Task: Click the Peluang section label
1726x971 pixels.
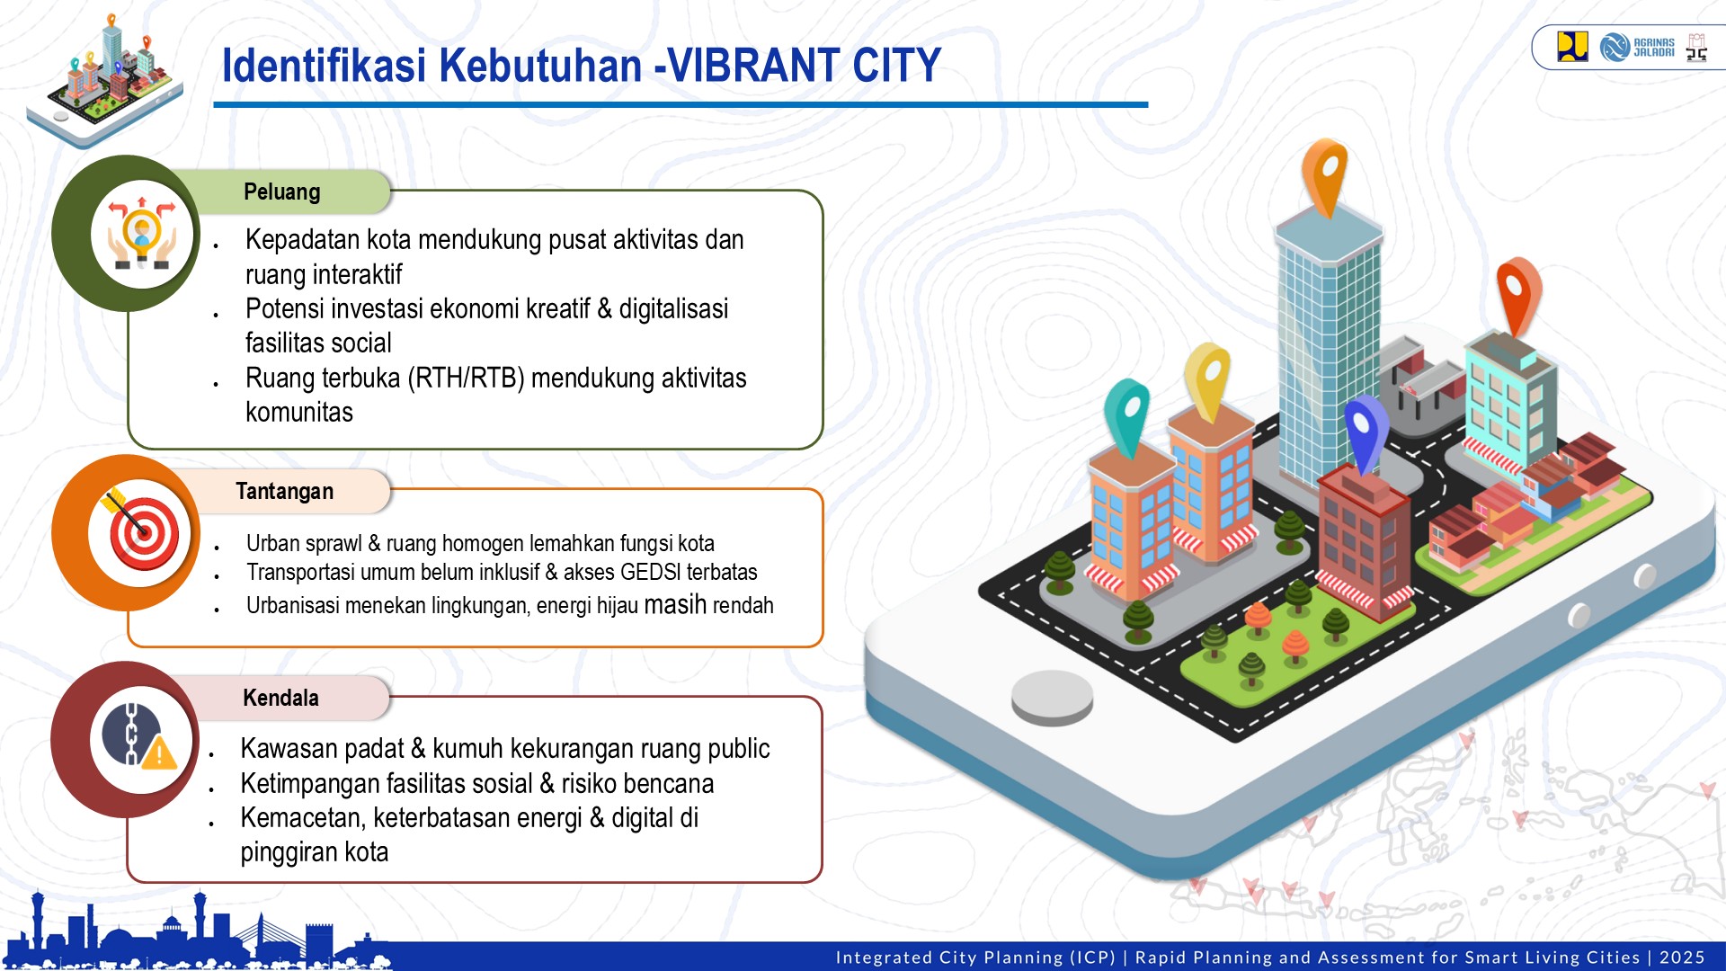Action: tap(281, 192)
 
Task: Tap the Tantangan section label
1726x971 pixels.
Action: tap(284, 491)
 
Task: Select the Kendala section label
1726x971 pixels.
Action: tap(280, 698)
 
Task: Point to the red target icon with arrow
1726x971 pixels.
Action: tap(143, 533)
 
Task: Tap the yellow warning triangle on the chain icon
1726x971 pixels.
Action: tap(160, 753)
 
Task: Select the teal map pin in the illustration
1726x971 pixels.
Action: tap(1127, 414)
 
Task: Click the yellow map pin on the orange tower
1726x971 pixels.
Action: tap(1207, 378)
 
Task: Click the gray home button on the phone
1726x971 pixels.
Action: tap(1052, 697)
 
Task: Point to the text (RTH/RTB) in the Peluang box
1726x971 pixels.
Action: tap(466, 379)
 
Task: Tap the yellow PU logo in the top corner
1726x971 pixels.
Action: tap(1572, 47)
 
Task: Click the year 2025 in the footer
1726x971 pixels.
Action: tap(1682, 958)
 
